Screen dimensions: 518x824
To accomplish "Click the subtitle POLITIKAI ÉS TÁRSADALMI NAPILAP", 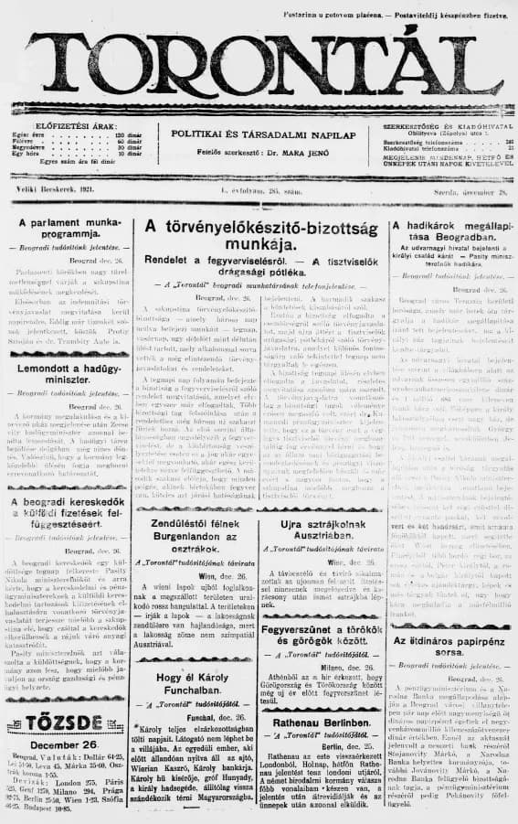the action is coord(256,134).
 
